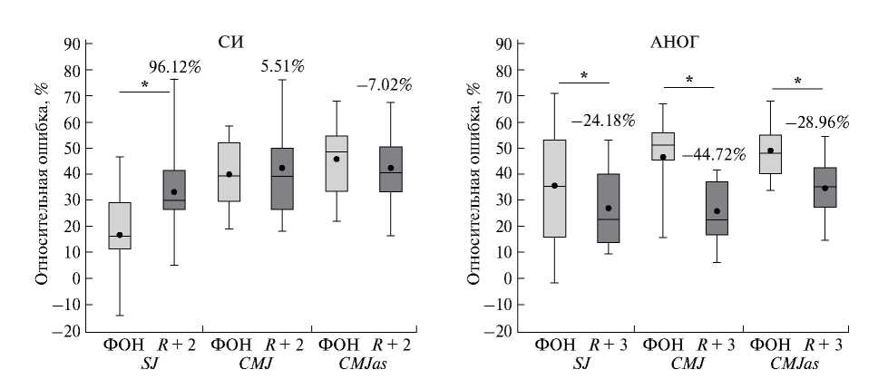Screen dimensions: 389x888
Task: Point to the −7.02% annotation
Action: (x=384, y=85)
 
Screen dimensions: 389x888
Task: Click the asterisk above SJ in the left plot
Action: (x=144, y=86)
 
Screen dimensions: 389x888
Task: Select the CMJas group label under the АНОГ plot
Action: (x=795, y=364)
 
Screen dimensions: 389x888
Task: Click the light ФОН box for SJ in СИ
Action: (x=120, y=226)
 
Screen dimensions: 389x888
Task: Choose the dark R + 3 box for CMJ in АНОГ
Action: (x=717, y=208)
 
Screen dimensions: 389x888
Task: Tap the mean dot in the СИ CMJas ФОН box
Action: (x=337, y=159)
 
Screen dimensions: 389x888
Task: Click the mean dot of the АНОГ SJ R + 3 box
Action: (x=608, y=208)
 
